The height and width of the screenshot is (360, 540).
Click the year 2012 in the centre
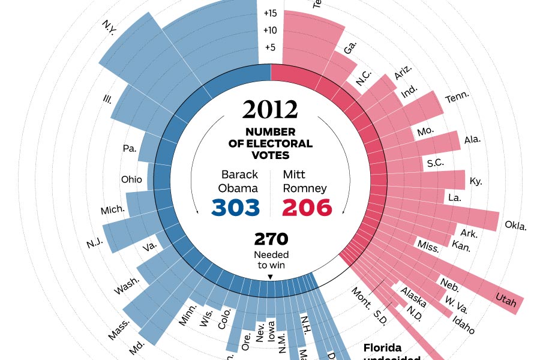click(270, 110)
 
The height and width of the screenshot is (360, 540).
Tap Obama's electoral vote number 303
click(236, 207)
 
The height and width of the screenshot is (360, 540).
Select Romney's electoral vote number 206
click(307, 207)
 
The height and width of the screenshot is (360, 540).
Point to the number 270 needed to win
click(271, 239)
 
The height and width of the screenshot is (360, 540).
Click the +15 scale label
click(270, 13)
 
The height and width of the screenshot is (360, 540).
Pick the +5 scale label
click(270, 48)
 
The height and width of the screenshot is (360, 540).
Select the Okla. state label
click(515, 226)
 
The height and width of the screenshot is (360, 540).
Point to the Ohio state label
click(131, 179)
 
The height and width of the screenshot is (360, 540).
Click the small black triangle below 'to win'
click(270, 277)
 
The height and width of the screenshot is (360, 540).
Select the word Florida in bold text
click(382, 348)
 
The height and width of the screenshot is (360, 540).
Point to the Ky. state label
click(476, 181)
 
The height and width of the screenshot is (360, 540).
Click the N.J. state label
click(94, 243)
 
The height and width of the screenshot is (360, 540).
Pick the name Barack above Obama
click(239, 175)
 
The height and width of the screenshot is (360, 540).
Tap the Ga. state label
click(350, 49)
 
